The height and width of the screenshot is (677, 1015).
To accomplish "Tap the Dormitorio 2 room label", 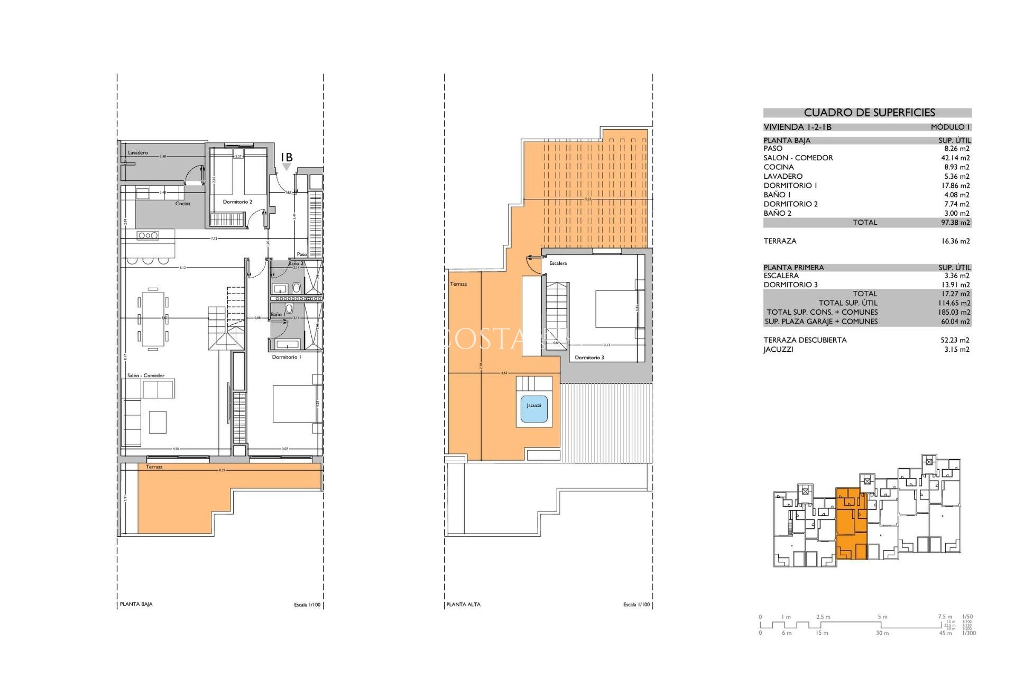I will point(237,202).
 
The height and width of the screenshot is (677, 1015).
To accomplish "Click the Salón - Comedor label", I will point(146,376).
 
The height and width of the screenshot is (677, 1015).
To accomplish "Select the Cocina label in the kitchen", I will point(183,204).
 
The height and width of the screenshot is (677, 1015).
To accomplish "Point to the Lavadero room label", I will point(138,153).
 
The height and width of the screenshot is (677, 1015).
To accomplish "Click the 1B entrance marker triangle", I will point(287,167).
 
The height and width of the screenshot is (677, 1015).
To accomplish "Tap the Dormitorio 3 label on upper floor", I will point(589,358).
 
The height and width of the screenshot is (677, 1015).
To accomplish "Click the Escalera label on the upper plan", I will point(558,263).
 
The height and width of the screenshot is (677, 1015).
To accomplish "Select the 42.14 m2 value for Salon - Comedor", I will point(955,158).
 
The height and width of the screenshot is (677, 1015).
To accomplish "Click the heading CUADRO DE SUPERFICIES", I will point(869,113).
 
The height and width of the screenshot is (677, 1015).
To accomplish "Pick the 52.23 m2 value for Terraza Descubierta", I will point(955,340).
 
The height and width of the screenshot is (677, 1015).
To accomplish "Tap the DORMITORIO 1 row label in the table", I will point(790,186).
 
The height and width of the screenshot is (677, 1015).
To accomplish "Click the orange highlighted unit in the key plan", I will point(851,524).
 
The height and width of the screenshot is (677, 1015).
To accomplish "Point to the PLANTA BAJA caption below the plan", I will point(136,604).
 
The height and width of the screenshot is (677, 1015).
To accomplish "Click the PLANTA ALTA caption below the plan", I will point(463,605).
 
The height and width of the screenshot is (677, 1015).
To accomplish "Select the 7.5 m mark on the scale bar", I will point(945,617).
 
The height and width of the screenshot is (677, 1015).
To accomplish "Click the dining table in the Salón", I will point(153,319).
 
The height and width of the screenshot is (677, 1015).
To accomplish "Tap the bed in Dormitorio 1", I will point(294,404).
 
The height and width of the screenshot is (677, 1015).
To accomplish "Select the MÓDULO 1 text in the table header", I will point(950,127).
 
